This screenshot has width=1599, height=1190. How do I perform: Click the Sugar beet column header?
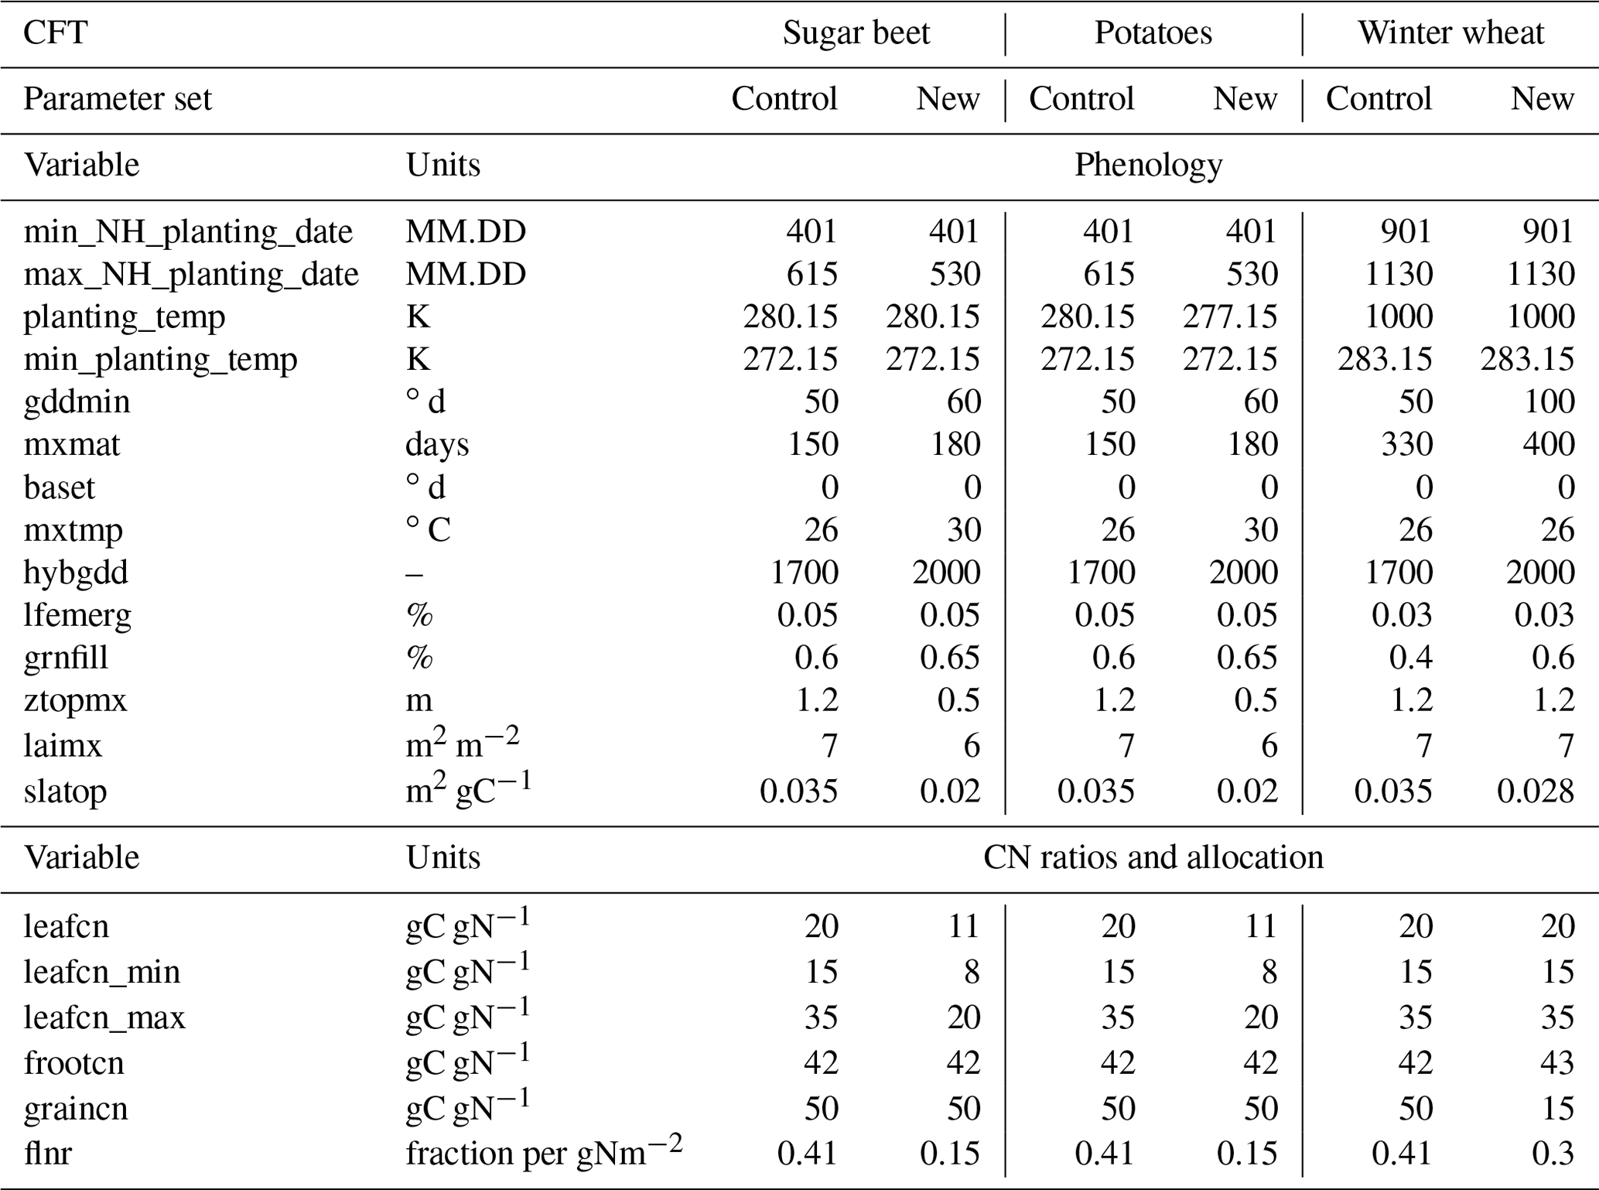click(x=856, y=33)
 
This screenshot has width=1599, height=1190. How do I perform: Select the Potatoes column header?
click(x=1153, y=33)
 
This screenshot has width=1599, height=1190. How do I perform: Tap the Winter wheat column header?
click(x=1450, y=33)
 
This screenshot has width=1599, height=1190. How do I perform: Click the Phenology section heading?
click(x=1148, y=166)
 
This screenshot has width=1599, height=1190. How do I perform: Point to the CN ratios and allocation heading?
click(x=1153, y=857)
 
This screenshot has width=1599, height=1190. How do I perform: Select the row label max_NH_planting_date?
click(x=191, y=275)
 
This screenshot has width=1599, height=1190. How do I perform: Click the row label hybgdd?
click(x=76, y=573)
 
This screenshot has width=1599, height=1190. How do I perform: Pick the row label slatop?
click(x=65, y=792)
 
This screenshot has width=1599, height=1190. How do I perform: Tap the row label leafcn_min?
click(x=101, y=972)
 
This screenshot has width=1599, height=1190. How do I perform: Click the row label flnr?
click(x=48, y=1154)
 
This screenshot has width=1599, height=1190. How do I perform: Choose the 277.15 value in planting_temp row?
click(x=1229, y=317)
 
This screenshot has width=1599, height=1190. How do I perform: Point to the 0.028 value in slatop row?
click(x=1535, y=792)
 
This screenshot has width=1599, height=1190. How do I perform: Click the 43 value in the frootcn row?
click(x=1556, y=1063)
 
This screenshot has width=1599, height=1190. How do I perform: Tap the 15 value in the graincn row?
click(x=1556, y=1109)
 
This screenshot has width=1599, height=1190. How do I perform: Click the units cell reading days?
click(x=436, y=445)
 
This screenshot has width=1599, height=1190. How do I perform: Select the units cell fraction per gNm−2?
click(x=544, y=1152)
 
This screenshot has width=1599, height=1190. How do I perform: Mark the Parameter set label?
click(x=117, y=100)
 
